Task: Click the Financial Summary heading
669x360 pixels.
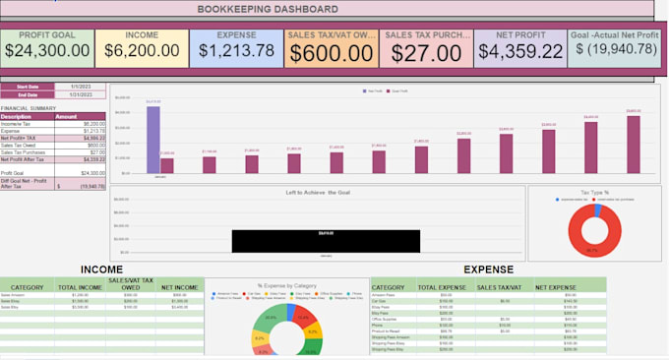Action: pos(28,107)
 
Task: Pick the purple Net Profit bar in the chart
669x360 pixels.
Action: pos(152,140)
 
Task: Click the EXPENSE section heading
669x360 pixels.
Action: pos(489,268)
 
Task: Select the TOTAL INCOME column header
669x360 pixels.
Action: pos(82,288)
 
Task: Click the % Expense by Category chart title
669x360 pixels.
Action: pos(287,285)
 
